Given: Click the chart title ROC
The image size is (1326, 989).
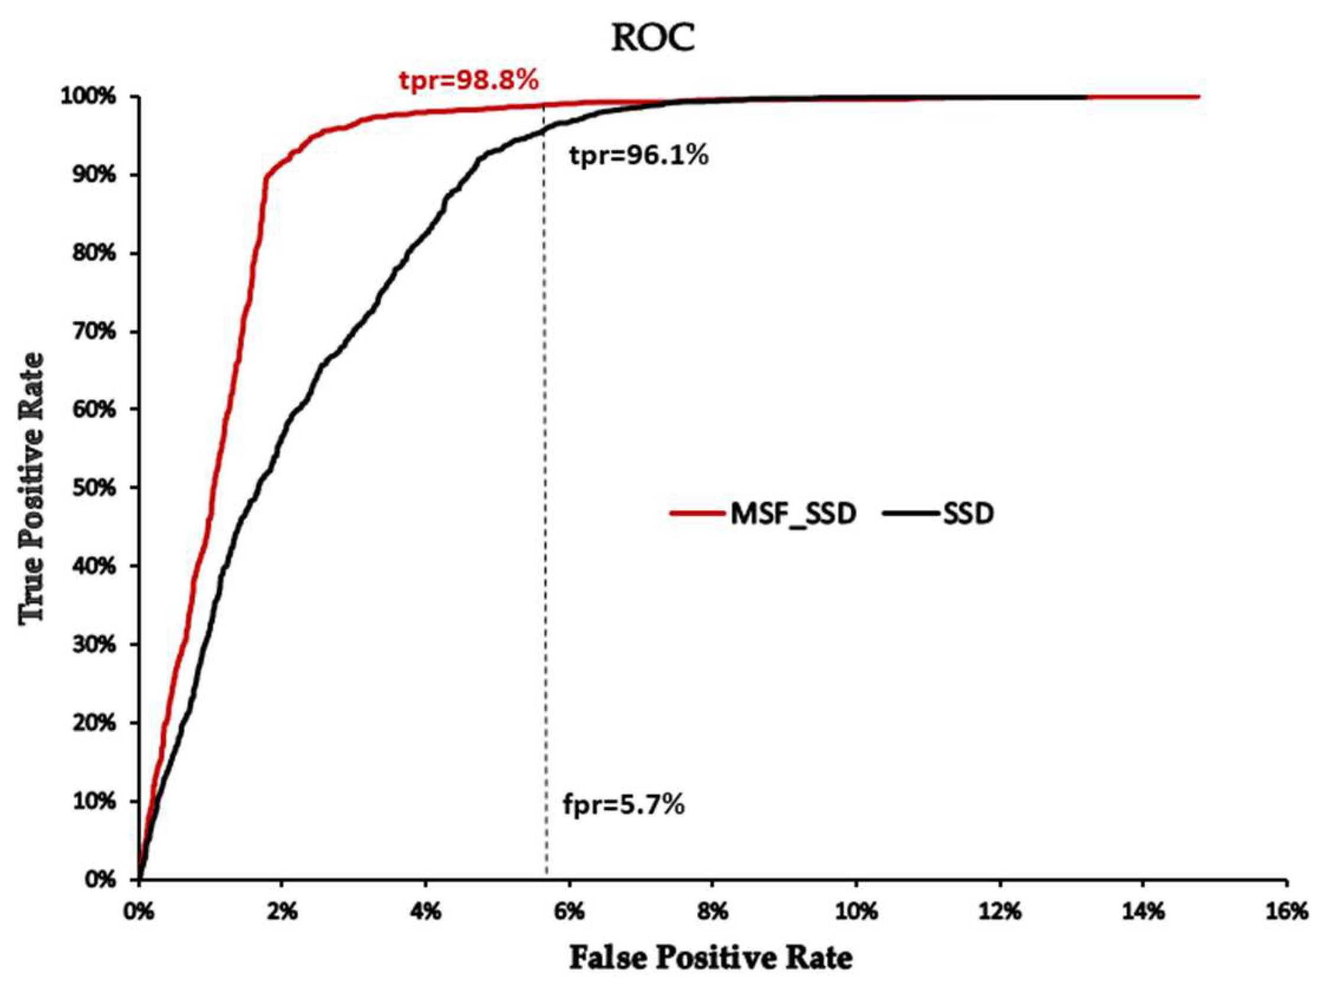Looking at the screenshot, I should [652, 38].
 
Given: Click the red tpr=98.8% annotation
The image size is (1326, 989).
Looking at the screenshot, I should [469, 80].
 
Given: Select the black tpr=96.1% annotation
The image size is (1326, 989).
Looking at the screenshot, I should [639, 156].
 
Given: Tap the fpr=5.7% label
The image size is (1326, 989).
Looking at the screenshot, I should [623, 805].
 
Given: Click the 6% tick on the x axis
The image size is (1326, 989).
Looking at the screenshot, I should [569, 912].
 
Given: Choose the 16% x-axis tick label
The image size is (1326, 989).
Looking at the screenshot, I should [1287, 912].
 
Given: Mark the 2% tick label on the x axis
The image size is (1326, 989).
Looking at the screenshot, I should [282, 912].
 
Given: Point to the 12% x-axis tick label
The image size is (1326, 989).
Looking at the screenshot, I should [1000, 912].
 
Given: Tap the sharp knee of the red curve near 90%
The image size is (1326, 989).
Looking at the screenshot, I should [265, 177].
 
